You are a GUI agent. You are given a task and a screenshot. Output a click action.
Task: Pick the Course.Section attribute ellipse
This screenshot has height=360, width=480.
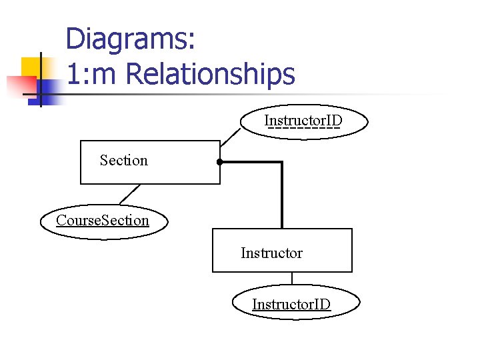(103, 221)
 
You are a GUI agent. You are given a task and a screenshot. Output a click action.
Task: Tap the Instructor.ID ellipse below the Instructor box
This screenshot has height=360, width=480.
(291, 305)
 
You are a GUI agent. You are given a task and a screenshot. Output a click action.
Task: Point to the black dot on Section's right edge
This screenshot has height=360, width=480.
(219, 162)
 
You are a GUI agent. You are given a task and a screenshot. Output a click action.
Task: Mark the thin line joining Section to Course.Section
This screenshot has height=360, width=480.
(129, 193)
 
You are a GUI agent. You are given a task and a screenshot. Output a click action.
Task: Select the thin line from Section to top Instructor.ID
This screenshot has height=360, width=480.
(231, 137)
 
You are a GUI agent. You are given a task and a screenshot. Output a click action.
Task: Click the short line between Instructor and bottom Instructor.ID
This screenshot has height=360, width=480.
(292, 279)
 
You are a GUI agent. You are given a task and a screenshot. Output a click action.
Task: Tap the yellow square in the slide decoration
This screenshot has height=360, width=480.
(31, 67)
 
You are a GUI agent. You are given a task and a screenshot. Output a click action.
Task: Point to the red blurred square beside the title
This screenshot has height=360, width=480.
(20, 86)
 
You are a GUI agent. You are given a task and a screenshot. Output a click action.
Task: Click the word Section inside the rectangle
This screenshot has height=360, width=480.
(124, 160)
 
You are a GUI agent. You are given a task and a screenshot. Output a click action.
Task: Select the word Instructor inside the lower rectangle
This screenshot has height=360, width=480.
(271, 253)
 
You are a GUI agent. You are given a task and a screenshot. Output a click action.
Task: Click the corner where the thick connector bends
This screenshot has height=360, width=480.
(282, 162)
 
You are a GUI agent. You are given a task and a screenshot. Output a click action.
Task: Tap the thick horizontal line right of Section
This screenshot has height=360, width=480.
(250, 162)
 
